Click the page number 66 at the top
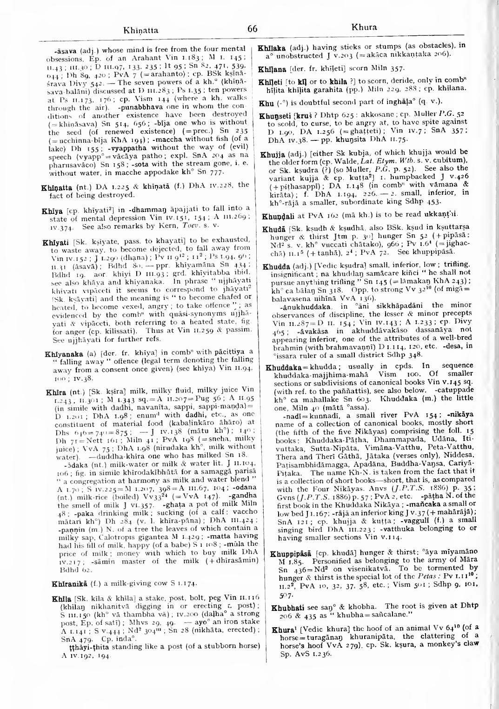coord(253,29)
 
